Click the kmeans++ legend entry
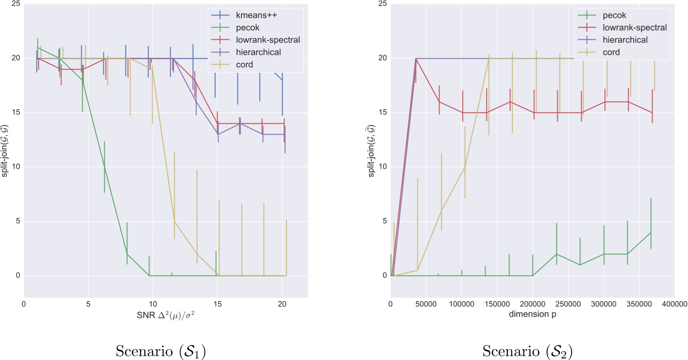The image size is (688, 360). [x=256, y=15]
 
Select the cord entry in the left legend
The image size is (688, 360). [x=244, y=65]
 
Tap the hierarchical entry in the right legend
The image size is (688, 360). [x=625, y=40]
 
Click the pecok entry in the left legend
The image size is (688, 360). [x=247, y=28]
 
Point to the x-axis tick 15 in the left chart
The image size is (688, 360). [x=218, y=304]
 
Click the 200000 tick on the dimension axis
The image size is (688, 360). [x=532, y=304]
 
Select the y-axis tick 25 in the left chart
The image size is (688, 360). [x=16, y=4]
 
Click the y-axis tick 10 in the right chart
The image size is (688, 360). [x=383, y=167]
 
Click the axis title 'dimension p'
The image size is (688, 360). [x=532, y=314]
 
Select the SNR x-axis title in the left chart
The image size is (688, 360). [x=166, y=315]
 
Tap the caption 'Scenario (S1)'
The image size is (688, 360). [x=161, y=351]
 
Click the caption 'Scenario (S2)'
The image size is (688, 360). [x=527, y=351]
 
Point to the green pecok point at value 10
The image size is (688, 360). [x=105, y=167]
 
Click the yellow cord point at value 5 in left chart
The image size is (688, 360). [x=174, y=221]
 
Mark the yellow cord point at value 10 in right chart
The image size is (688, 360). [x=465, y=167]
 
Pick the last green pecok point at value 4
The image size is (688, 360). [x=651, y=232]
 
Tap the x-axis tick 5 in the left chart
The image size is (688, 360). [x=88, y=304]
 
